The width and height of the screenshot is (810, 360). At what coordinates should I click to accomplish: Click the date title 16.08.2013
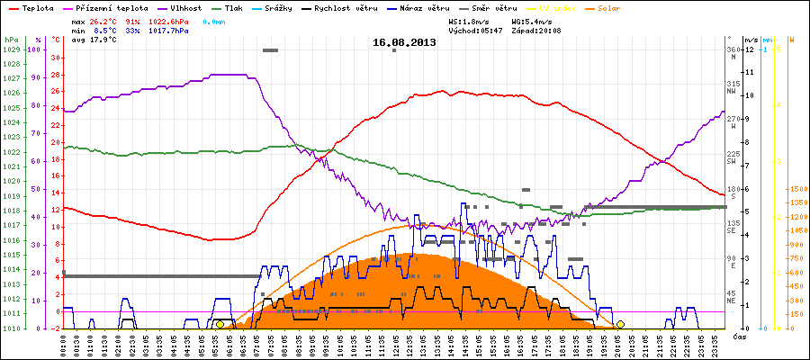click(x=404, y=41)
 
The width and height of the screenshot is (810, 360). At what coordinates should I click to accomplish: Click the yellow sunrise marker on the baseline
click(x=220, y=325)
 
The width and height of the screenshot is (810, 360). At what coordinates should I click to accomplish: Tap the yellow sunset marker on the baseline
click(x=620, y=325)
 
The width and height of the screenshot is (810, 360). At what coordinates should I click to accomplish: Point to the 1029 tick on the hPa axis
click(x=11, y=50)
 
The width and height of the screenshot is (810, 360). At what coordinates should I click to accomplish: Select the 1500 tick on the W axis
click(x=797, y=189)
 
